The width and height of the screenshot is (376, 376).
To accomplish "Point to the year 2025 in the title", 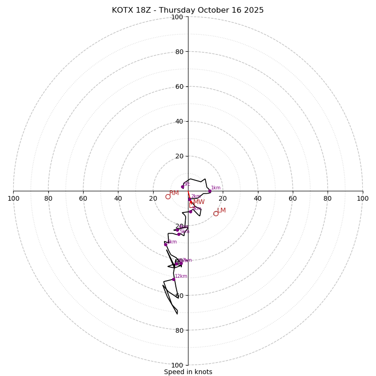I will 254,10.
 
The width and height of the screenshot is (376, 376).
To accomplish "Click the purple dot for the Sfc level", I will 183,187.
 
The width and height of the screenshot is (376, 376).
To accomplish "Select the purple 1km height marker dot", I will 210,191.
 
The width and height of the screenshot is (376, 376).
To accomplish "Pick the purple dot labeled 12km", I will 173,279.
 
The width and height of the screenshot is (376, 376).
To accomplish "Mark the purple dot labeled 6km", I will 165,244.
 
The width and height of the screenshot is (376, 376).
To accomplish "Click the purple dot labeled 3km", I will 190,211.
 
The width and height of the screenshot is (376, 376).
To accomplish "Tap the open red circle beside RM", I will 168,196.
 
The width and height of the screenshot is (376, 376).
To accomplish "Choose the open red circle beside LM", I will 216,213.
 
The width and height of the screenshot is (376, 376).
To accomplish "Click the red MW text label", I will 199,202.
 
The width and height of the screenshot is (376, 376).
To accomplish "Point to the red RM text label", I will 174,193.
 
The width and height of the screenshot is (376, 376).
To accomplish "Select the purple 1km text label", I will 216,188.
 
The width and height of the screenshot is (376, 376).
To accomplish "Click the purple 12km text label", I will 181,276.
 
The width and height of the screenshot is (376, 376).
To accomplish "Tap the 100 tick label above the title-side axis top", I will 177,17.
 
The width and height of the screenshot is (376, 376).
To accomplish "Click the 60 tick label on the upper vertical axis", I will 179,86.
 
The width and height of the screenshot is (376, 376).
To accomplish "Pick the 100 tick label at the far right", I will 363,199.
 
